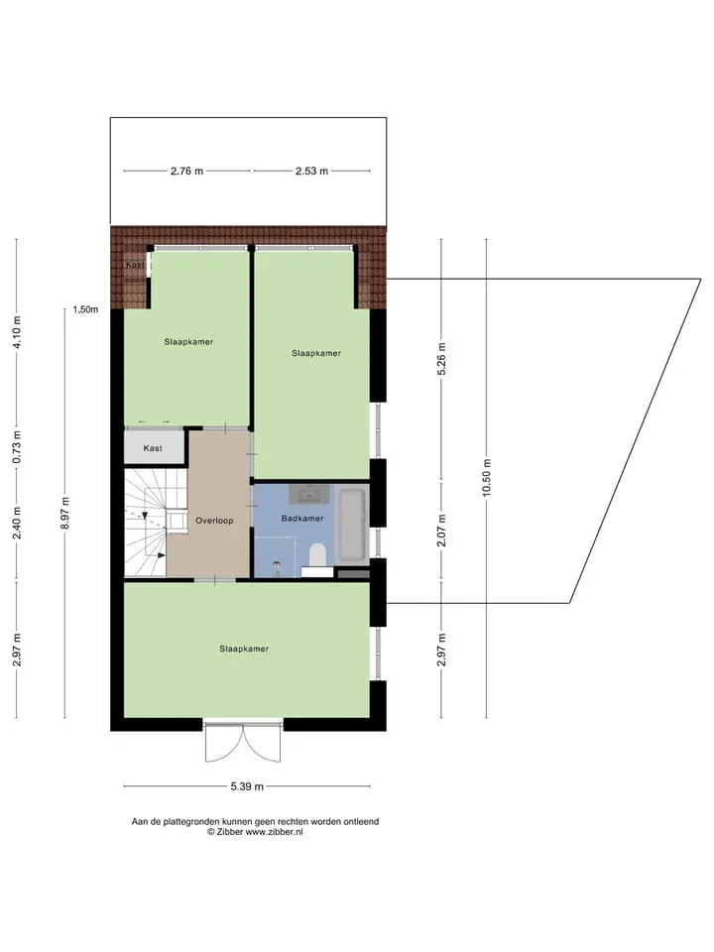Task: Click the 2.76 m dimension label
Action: (186, 172)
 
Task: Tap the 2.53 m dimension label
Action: (311, 172)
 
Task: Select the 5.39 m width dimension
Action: (247, 786)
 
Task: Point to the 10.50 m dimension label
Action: (486, 478)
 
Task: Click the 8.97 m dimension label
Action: (65, 513)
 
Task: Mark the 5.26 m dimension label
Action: (442, 359)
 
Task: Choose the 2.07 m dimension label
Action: (442, 530)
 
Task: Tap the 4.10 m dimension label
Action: (17, 332)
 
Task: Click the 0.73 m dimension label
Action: (17, 447)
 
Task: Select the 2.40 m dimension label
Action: (17, 524)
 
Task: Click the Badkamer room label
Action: (302, 519)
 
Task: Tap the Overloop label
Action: (214, 521)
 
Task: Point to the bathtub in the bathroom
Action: (352, 525)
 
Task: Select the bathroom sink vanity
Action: (310, 494)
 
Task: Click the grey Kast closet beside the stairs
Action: (153, 447)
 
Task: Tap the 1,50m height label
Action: (85, 309)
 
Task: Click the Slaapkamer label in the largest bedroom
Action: (244, 649)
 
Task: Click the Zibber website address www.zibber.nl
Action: (274, 832)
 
